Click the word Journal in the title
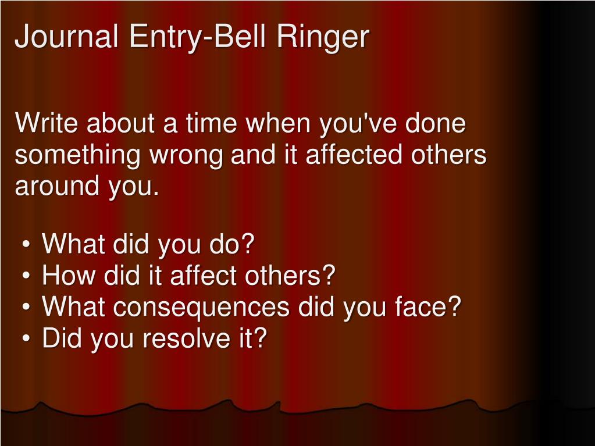tap(67, 37)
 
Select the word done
tap(437, 124)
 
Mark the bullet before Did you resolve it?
tap(28, 339)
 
